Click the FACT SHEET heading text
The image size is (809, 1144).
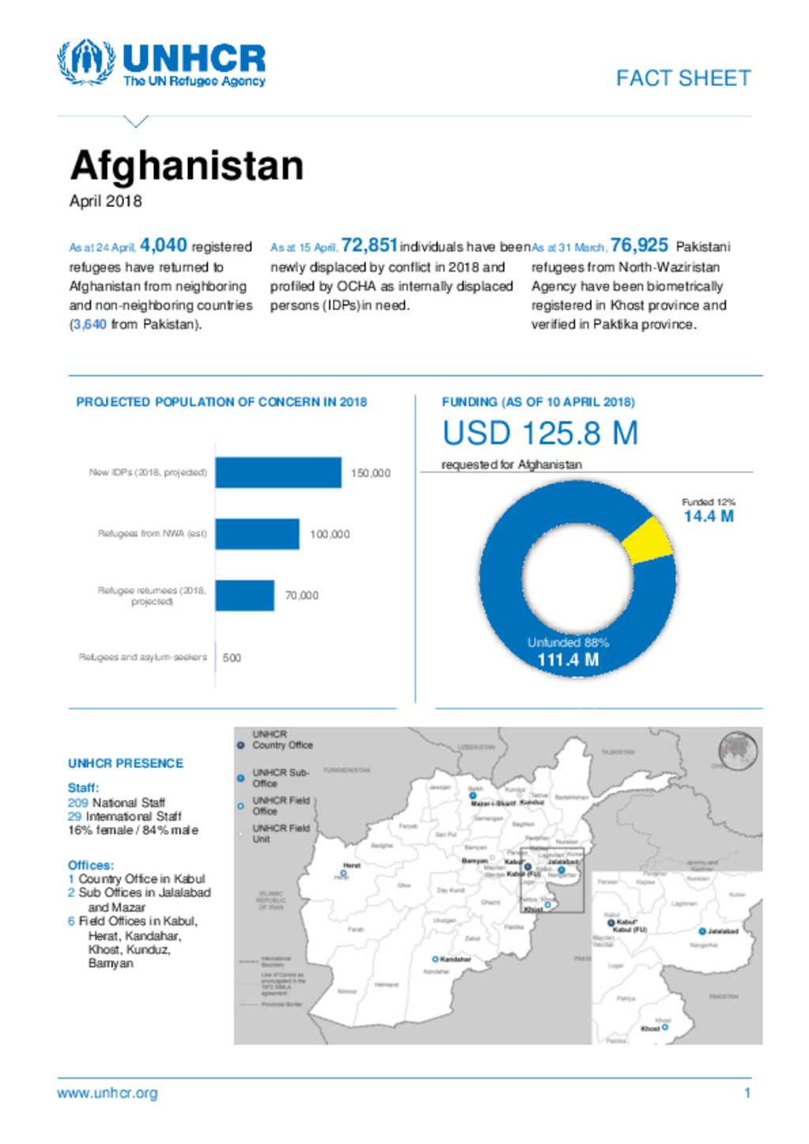(683, 78)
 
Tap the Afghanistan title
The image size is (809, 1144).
(186, 166)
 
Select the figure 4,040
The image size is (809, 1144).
(164, 246)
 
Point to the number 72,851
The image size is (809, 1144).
(369, 246)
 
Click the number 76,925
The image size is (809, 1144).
(639, 246)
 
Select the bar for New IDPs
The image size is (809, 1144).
(278, 473)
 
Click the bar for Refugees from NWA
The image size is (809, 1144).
(257, 534)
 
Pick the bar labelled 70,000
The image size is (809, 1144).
(244, 595)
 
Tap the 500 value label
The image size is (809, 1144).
(231, 658)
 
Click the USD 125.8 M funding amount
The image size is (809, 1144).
(540, 433)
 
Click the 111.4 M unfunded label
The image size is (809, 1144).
(568, 660)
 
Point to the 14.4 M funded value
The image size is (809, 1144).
(709, 516)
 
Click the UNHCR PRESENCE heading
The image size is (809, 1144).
(126, 763)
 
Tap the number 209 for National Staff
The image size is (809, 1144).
(78, 802)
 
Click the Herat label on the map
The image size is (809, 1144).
(352, 865)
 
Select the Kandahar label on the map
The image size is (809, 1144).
(455, 959)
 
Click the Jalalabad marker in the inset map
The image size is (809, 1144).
(702, 932)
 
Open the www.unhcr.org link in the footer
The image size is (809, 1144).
(107, 1093)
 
